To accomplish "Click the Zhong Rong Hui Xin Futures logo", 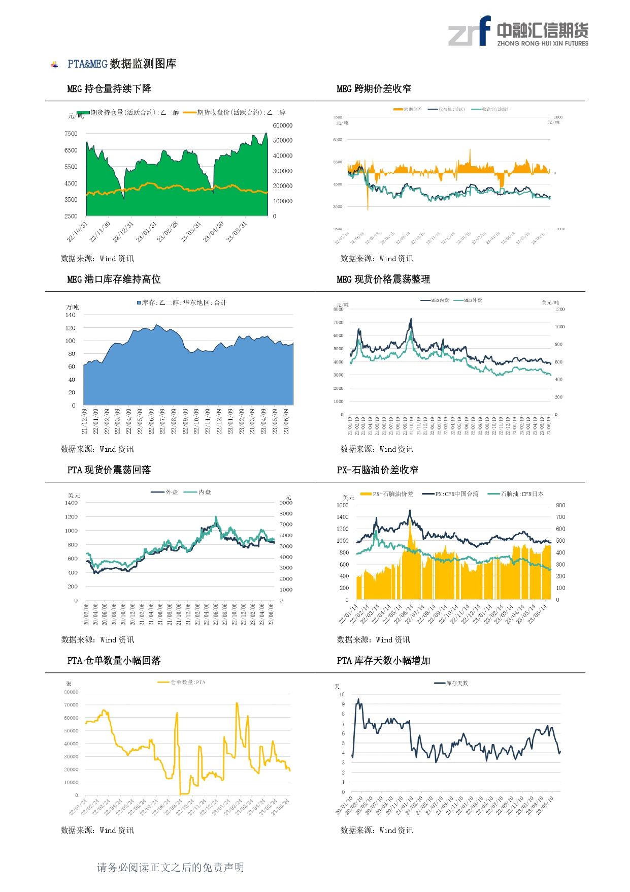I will pyautogui.click(x=518, y=32).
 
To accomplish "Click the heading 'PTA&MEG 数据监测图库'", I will pyautogui.click(x=122, y=64).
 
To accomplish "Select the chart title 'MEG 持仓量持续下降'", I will pyautogui.click(x=109, y=89).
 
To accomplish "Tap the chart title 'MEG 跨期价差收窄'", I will pyautogui.click(x=374, y=89).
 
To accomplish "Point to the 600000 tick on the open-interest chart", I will pyautogui.click(x=283, y=126).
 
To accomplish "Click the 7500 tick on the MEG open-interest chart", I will pyautogui.click(x=71, y=134).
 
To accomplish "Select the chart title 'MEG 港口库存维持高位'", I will pyautogui.click(x=114, y=280).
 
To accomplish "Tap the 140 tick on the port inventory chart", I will pyautogui.click(x=71, y=315).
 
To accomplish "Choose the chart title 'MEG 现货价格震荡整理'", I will pyautogui.click(x=383, y=280).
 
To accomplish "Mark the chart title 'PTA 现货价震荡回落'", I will pyautogui.click(x=109, y=470).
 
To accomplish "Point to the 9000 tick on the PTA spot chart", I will pyautogui.click(x=286, y=503).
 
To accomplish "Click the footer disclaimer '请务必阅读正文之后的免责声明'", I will pyautogui.click(x=171, y=868).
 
